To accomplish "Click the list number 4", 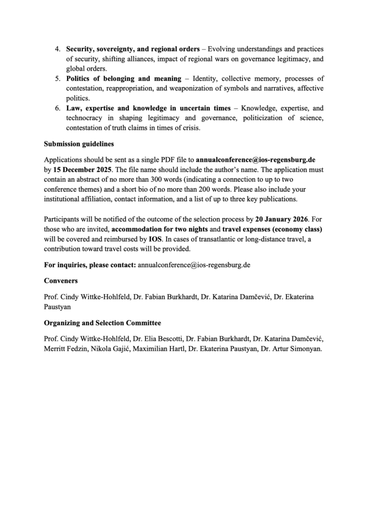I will [57, 50].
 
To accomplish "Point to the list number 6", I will [57, 109].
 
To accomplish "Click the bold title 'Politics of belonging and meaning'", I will [123, 79].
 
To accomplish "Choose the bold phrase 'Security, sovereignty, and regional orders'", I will [132, 50].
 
